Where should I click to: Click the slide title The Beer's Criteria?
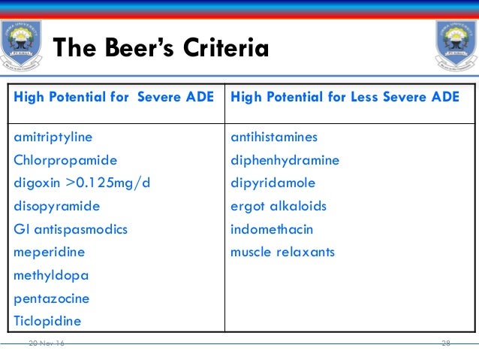(x=161, y=50)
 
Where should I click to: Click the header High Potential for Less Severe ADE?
(x=345, y=97)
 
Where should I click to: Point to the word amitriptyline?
(x=53, y=137)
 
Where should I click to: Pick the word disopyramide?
(x=57, y=206)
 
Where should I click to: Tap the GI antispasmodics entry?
(x=71, y=229)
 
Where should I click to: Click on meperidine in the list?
(x=50, y=252)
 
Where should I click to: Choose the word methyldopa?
(x=51, y=275)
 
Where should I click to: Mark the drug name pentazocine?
(x=52, y=298)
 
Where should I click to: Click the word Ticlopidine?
(x=48, y=321)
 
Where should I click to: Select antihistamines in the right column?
(x=274, y=137)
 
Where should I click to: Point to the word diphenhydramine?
(x=285, y=160)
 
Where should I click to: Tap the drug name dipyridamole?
(x=273, y=183)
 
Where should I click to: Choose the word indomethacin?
(x=272, y=229)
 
